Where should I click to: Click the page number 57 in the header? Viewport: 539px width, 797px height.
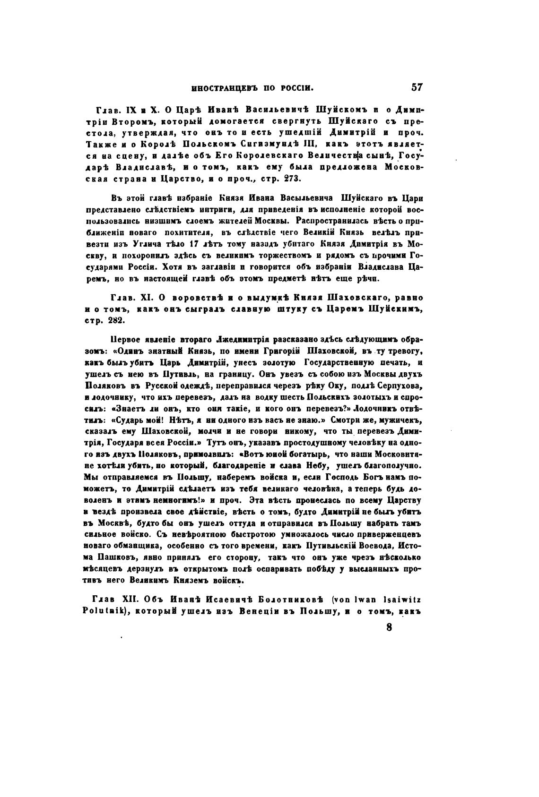pos(417,87)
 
